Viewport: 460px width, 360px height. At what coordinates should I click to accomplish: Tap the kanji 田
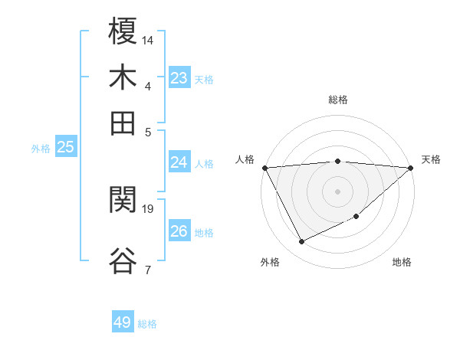pyautogui.click(x=123, y=122)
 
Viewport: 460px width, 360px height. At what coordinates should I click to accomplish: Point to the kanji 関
pyautogui.click(x=123, y=201)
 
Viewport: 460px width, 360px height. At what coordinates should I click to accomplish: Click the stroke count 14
pyautogui.click(x=148, y=39)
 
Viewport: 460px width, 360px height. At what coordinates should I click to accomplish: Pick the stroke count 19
pyautogui.click(x=148, y=208)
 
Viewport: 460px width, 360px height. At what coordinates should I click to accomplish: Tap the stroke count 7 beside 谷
pyautogui.click(x=148, y=269)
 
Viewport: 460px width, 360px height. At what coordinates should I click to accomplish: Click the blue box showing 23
pyautogui.click(x=179, y=78)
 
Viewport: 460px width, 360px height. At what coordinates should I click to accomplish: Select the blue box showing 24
pyautogui.click(x=179, y=162)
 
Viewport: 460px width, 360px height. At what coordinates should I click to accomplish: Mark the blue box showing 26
pyautogui.click(x=179, y=231)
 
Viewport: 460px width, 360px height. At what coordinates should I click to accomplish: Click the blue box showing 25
pyautogui.click(x=66, y=148)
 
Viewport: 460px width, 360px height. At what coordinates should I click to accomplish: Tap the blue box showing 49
pyautogui.click(x=123, y=322)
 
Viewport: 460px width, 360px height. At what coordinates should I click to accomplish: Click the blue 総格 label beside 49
pyautogui.click(x=148, y=324)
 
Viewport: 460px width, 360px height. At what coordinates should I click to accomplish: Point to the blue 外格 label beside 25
pyautogui.click(x=41, y=149)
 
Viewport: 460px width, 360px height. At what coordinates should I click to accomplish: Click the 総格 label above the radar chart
pyautogui.click(x=337, y=100)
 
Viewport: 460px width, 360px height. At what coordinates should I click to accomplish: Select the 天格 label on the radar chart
pyautogui.click(x=431, y=159)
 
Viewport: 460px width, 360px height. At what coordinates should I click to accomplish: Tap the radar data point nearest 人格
pyautogui.click(x=264, y=168)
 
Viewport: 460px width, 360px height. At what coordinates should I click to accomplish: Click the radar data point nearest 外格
pyautogui.click(x=301, y=242)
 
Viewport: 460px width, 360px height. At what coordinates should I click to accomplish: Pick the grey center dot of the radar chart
pyautogui.click(x=337, y=191)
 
